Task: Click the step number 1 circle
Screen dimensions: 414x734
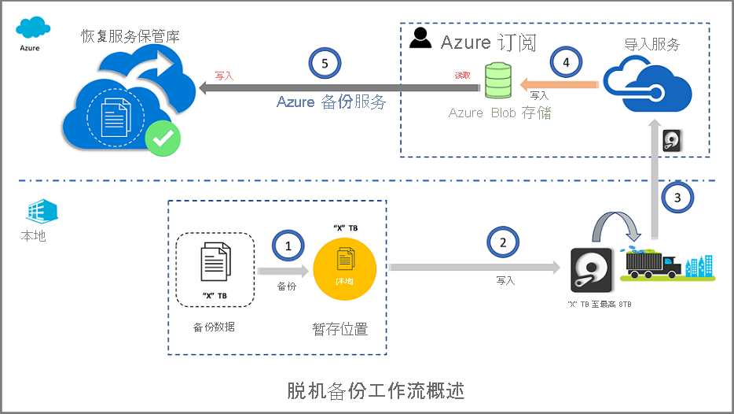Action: (x=288, y=246)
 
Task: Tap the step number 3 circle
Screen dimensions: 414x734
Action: (x=678, y=198)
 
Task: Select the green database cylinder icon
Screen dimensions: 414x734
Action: (x=497, y=80)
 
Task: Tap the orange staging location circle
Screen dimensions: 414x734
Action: (x=345, y=265)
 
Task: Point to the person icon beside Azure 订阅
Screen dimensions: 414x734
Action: (x=422, y=39)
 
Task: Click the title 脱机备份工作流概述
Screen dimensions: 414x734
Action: (x=366, y=390)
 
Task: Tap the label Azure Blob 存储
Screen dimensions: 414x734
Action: (x=499, y=113)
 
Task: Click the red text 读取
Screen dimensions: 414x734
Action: (x=462, y=76)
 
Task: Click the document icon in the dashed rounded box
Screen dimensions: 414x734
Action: (x=215, y=262)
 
